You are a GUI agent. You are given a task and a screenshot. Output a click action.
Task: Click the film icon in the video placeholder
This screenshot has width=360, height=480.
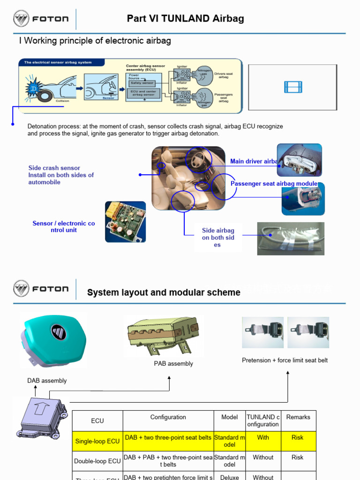[x=292, y=87]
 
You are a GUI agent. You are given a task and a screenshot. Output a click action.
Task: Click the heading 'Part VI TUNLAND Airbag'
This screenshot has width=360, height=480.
[x=185, y=19]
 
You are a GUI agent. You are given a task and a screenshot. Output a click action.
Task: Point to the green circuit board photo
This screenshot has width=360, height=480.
[x=125, y=222]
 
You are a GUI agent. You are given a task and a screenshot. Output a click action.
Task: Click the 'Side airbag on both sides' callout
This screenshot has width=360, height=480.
[x=218, y=237]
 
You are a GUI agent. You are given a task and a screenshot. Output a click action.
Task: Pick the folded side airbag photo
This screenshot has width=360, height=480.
[x=291, y=239]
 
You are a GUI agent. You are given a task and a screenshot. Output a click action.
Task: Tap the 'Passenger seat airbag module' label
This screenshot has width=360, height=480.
[x=274, y=184]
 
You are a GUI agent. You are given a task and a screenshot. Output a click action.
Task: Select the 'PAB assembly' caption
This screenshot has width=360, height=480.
[x=173, y=364]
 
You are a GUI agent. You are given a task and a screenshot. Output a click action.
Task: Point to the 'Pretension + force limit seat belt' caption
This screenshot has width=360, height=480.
[x=285, y=360]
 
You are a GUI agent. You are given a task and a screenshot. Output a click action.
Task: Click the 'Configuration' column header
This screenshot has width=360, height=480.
[x=168, y=417]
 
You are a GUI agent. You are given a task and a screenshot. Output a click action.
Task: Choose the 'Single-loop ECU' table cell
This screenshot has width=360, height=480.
[x=97, y=441]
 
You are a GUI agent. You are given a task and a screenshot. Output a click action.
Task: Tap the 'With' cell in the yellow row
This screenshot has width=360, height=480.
[x=263, y=438]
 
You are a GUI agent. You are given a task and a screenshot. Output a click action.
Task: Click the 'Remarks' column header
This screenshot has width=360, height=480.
[x=298, y=417]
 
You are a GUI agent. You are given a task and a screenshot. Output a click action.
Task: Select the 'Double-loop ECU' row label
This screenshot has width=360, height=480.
[x=97, y=461]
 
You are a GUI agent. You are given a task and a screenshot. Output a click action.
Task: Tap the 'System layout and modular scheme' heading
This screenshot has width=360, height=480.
[x=164, y=292]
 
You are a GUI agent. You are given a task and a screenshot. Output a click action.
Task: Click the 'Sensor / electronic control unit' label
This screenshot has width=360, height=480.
[x=63, y=227]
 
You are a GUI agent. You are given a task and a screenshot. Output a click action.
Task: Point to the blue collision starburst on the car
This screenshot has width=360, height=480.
[x=34, y=88]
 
